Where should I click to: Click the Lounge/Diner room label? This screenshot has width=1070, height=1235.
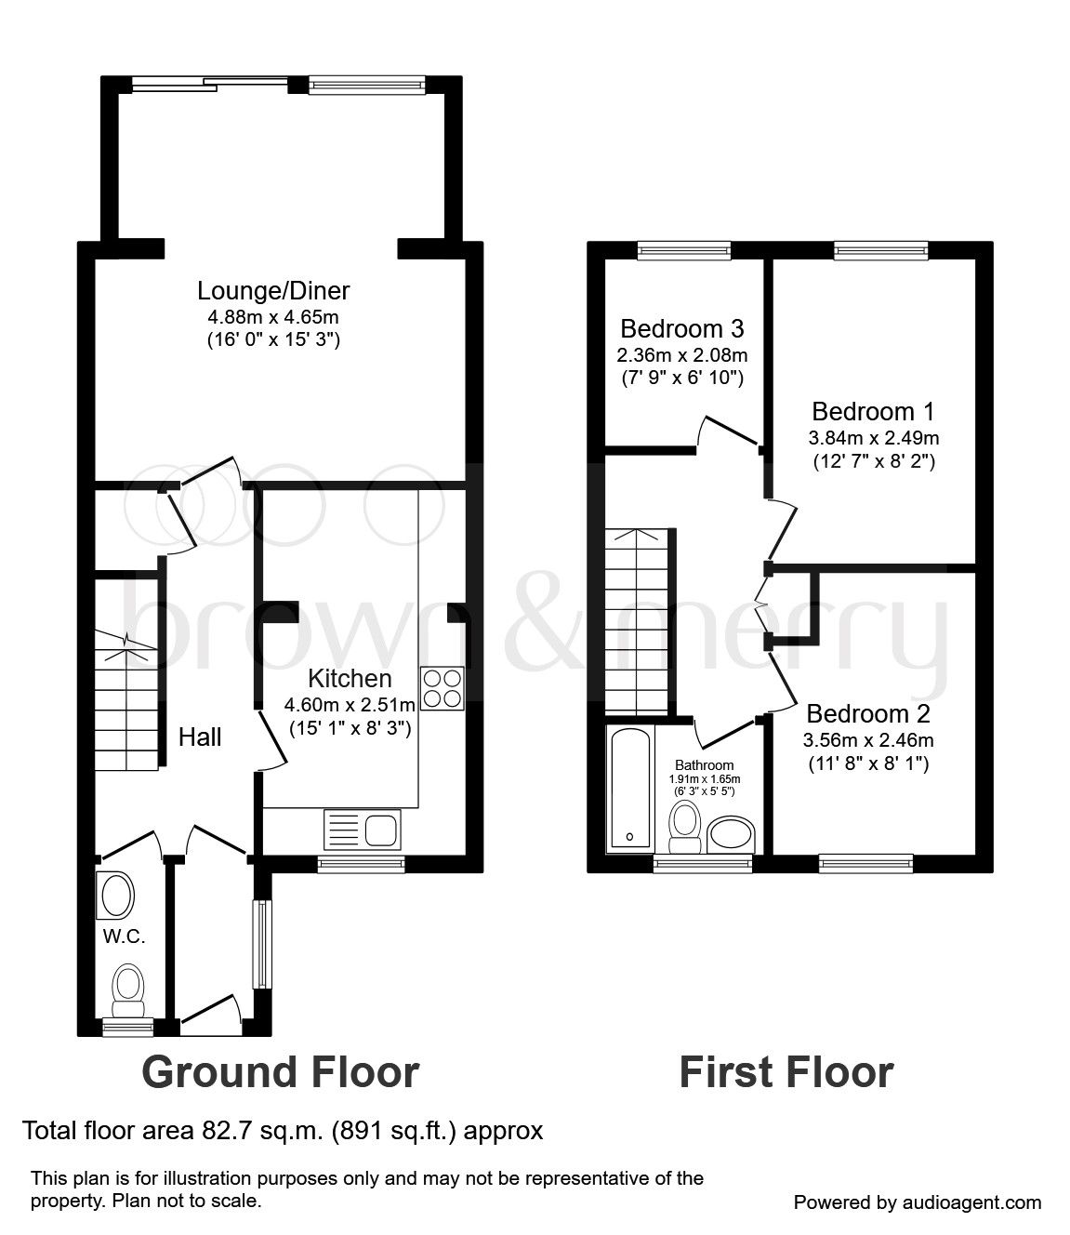pos(273,291)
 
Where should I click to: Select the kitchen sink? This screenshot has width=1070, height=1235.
pos(363,829)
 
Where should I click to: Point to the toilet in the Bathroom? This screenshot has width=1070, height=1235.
pos(685,827)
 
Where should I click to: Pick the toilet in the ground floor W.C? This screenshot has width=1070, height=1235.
pos(127,991)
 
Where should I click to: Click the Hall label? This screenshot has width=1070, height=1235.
pos(200,737)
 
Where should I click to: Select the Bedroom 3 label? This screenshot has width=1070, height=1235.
pos(682,329)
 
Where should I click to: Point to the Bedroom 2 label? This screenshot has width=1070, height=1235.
pos(868,714)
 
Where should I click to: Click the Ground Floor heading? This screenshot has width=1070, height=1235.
pos(280,1072)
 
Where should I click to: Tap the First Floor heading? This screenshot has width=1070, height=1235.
pos(786,1072)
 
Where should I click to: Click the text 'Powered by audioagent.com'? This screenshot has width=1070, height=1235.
pos(918,1202)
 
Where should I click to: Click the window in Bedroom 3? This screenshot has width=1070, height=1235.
pos(684,248)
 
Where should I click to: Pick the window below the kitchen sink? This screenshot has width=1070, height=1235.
pos(362,864)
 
